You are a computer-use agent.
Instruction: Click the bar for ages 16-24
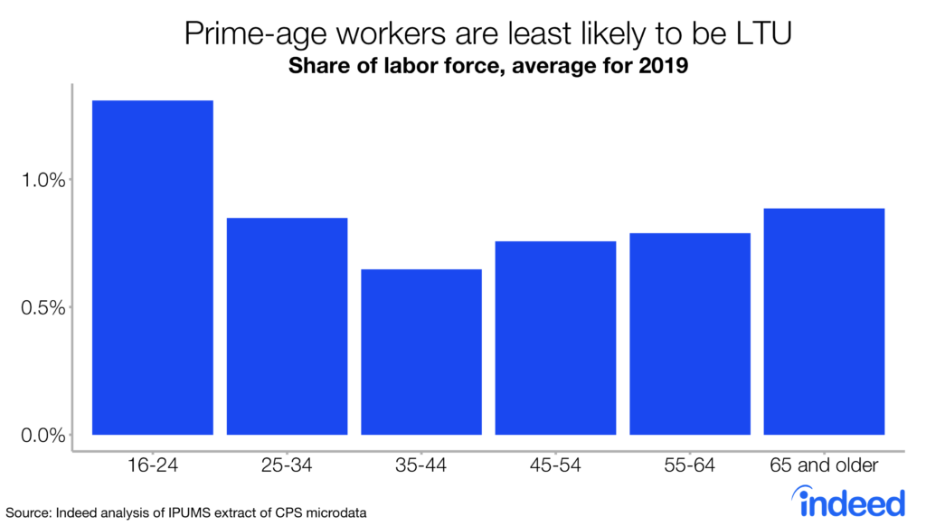[153, 268]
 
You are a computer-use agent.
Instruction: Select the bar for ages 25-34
[287, 326]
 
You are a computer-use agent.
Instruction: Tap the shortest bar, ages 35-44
[421, 352]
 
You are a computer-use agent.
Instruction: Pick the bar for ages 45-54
[555, 338]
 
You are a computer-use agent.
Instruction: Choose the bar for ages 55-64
[690, 333]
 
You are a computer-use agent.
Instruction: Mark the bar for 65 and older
[824, 322]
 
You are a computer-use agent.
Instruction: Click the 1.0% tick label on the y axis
[44, 180]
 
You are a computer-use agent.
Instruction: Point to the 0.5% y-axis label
[44, 307]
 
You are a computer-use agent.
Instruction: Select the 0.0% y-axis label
[44, 436]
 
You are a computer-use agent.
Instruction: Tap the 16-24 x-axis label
[153, 466]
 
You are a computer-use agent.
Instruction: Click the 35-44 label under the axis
[421, 466]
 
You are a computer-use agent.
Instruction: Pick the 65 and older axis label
[824, 466]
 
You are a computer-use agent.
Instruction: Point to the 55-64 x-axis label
[690, 466]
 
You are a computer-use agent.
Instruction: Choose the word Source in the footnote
[27, 512]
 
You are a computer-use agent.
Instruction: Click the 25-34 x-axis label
[287, 466]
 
